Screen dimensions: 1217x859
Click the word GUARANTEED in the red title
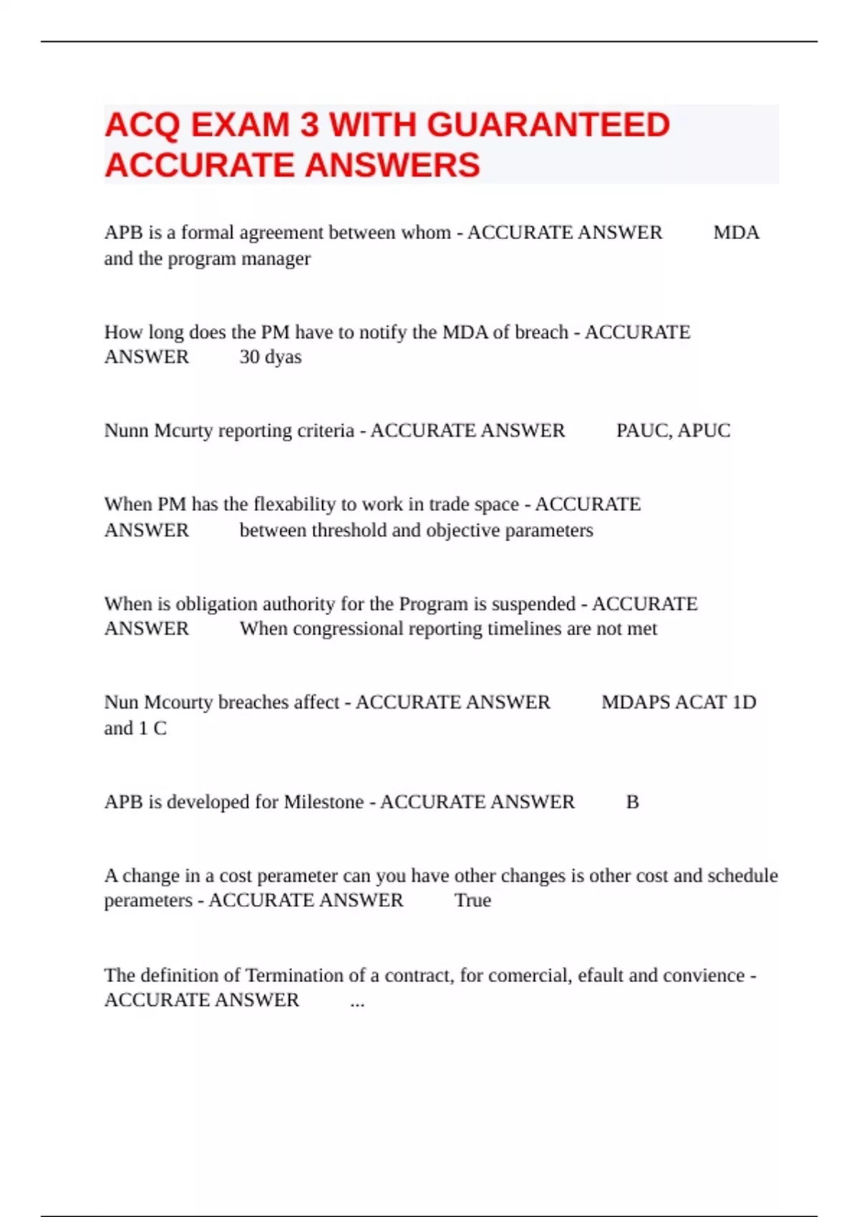pos(548,125)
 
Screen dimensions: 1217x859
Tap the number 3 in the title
pos(309,125)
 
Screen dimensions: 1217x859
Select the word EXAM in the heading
pos(240,125)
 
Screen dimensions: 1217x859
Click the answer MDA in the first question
pos(736,233)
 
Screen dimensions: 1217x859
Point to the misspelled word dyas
pos(283,357)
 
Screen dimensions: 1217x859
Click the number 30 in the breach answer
pos(249,357)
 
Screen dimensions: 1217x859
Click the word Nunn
pos(127,430)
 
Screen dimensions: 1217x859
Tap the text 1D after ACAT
pos(744,702)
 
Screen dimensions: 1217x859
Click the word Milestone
pos(324,802)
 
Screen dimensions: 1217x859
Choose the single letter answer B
pos(632,802)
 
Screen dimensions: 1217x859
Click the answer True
pos(472,900)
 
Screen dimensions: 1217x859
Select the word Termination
pos(294,975)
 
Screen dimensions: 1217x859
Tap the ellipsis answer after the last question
pos(357,1001)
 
